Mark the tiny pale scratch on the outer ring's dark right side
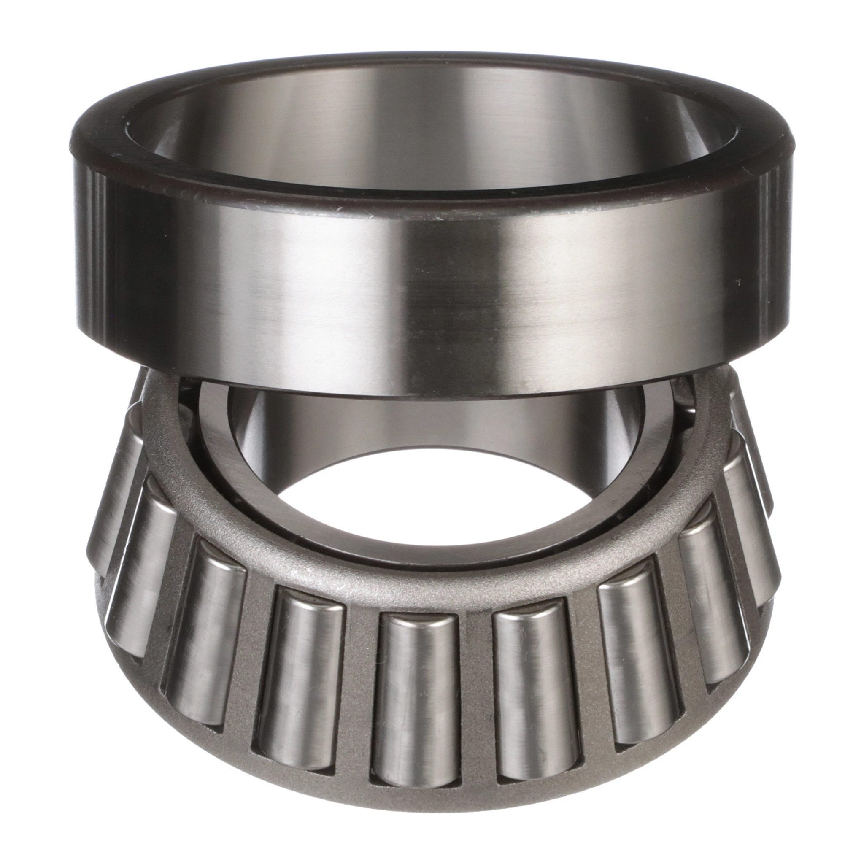click(x=738, y=283)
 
